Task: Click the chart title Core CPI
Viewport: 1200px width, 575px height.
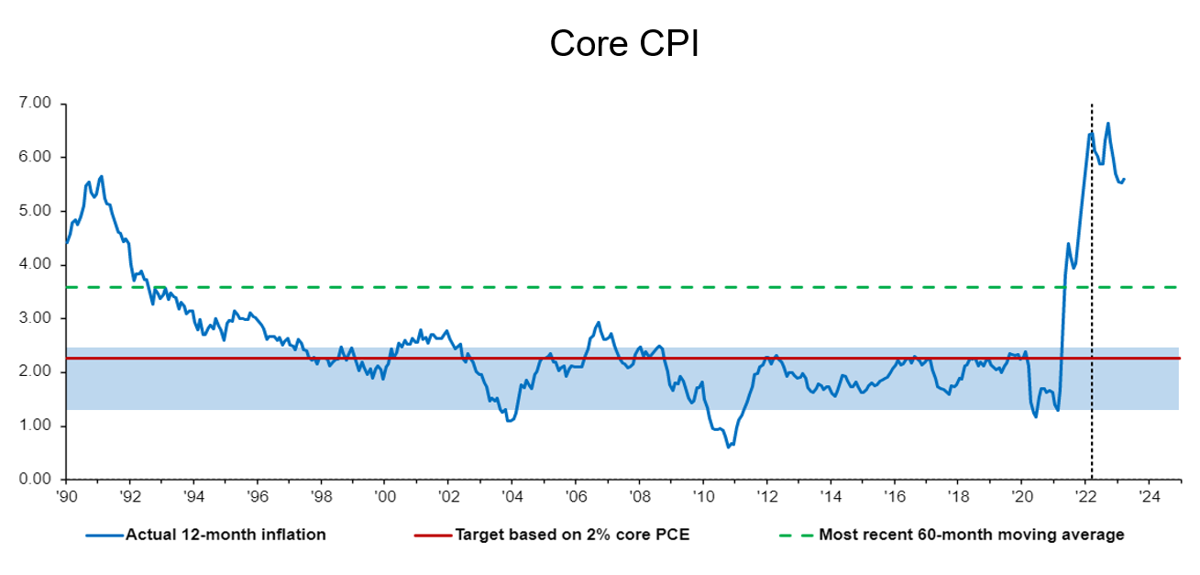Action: tap(624, 43)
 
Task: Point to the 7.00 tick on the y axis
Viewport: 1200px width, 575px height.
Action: tap(36, 104)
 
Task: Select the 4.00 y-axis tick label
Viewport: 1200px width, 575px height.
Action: tap(36, 265)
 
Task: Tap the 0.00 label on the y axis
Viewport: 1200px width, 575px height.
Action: tap(36, 480)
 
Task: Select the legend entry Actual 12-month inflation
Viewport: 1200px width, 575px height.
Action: tap(226, 535)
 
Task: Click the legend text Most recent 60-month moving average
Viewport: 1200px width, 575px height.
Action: tap(971, 535)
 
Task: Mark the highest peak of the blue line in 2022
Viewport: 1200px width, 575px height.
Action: tap(1107, 123)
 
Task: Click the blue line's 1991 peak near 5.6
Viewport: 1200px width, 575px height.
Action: tap(101, 176)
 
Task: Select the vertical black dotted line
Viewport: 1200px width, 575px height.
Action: tap(1092, 293)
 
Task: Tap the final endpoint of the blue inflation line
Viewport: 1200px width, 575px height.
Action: tap(1125, 179)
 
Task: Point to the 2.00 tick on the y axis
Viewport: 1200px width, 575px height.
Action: tap(36, 372)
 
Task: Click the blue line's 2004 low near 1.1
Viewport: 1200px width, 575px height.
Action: tap(510, 420)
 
